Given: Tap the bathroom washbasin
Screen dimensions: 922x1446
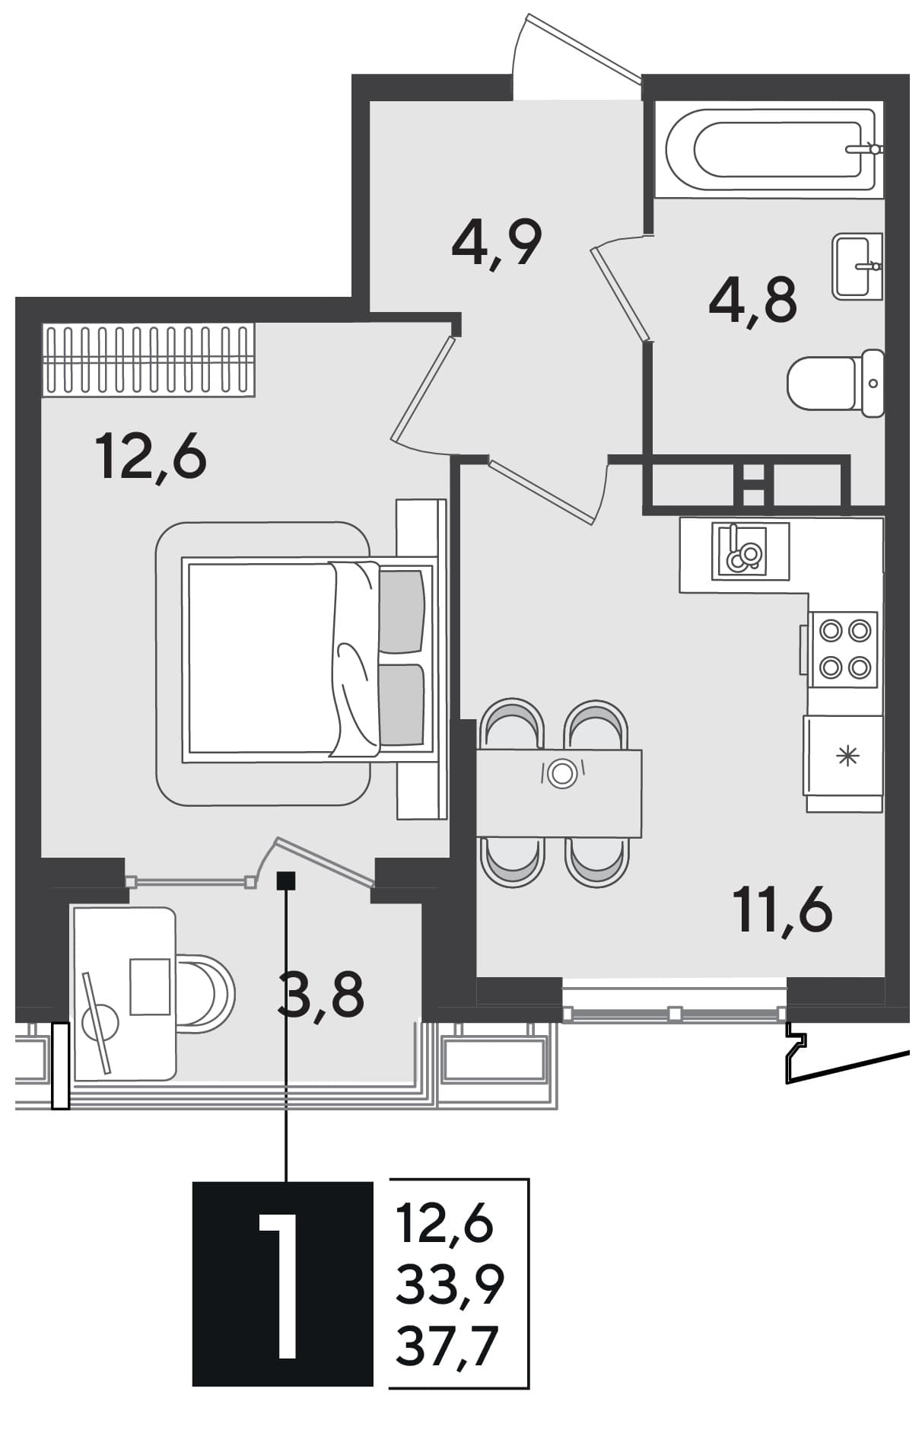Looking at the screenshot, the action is click(x=857, y=266).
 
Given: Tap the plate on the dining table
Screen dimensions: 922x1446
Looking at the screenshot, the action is click(x=562, y=772).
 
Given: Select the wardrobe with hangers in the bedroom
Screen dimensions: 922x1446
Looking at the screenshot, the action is click(x=148, y=359).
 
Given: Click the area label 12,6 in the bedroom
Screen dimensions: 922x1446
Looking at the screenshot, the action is click(x=151, y=455).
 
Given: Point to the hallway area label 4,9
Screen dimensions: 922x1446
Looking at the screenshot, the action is click(x=496, y=242).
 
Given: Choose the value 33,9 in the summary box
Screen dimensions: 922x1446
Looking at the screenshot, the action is click(x=450, y=1285).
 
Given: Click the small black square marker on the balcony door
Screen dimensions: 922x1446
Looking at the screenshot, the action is click(x=286, y=881).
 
